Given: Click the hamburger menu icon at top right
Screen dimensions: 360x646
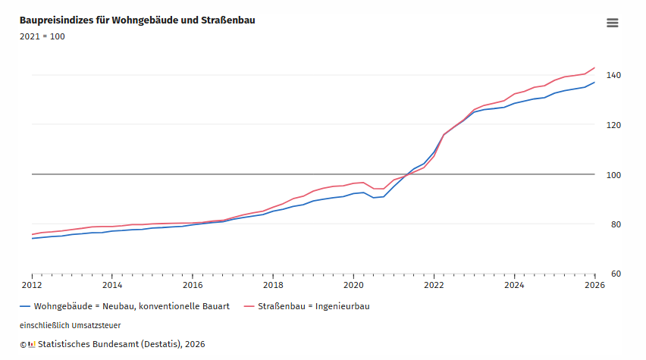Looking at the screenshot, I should tap(613, 23).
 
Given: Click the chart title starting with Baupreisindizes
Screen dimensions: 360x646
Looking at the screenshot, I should tap(137, 20).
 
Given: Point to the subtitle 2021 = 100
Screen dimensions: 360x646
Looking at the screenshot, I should tap(42, 36).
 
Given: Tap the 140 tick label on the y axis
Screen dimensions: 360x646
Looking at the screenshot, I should tap(613, 75).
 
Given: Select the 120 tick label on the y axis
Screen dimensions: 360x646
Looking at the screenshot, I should tap(613, 125).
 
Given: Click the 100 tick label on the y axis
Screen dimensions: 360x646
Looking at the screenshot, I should tap(613, 174).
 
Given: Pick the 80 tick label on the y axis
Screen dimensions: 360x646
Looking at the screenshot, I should tap(611, 224).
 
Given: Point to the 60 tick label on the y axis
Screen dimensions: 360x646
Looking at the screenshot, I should tap(611, 274).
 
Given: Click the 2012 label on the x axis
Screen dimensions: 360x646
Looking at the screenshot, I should tap(32, 286).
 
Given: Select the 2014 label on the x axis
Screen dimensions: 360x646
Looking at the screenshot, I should tap(112, 286).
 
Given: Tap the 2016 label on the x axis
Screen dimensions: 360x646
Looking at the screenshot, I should tap(193, 286).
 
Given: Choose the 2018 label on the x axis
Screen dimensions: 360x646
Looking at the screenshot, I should tap(273, 286).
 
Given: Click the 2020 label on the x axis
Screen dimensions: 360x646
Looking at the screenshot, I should tap(353, 286).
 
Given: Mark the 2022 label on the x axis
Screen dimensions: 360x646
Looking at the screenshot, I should tap(434, 286).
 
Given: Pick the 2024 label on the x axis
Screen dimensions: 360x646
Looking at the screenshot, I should tap(514, 286).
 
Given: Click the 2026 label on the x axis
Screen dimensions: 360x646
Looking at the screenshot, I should tap(594, 286).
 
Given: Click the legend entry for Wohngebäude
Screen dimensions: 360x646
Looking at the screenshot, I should tap(124, 307).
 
